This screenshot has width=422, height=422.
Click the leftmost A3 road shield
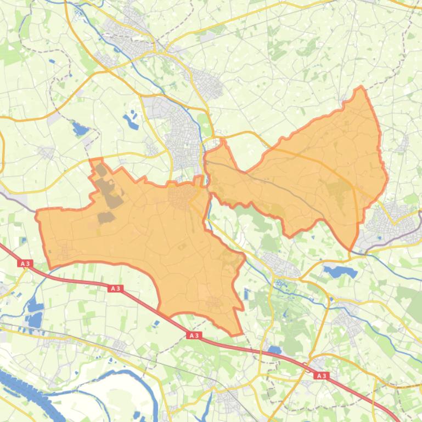(x=24, y=264)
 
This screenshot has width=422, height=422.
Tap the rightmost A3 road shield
(x=321, y=376)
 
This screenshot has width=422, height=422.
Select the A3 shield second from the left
(x=115, y=288)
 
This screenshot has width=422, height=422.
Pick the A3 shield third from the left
(x=194, y=335)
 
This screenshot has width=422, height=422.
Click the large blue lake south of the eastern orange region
(x=333, y=271)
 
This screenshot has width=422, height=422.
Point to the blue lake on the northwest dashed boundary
(x=80, y=129)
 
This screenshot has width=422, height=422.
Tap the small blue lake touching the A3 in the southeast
(x=274, y=350)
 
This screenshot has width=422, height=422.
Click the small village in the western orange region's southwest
(x=65, y=252)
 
